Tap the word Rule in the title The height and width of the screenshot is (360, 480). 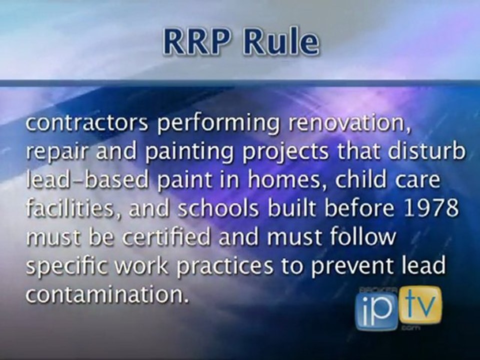282,43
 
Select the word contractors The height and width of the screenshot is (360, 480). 86,125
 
